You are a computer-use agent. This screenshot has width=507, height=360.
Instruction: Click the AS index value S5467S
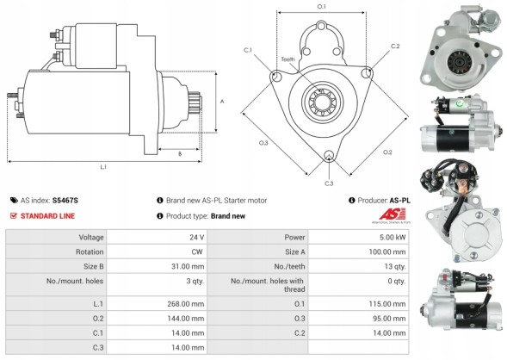click(x=65, y=200)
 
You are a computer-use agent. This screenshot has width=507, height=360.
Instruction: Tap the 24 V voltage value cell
click(x=197, y=237)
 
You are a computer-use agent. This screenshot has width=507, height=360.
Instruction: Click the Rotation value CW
click(x=197, y=251)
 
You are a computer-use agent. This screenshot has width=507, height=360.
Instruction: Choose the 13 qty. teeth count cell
click(x=394, y=267)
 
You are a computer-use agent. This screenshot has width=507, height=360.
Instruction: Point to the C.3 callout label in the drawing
click(x=329, y=183)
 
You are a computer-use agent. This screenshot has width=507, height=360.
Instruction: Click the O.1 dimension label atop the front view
click(x=322, y=7)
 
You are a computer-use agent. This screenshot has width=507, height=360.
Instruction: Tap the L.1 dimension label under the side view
click(x=103, y=167)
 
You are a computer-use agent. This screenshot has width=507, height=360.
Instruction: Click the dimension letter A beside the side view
click(x=222, y=102)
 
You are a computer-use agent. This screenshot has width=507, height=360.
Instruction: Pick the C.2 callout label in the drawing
click(x=395, y=46)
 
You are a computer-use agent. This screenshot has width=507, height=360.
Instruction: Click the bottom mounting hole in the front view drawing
click(x=328, y=157)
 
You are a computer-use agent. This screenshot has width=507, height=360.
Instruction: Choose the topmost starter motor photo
click(x=458, y=45)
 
